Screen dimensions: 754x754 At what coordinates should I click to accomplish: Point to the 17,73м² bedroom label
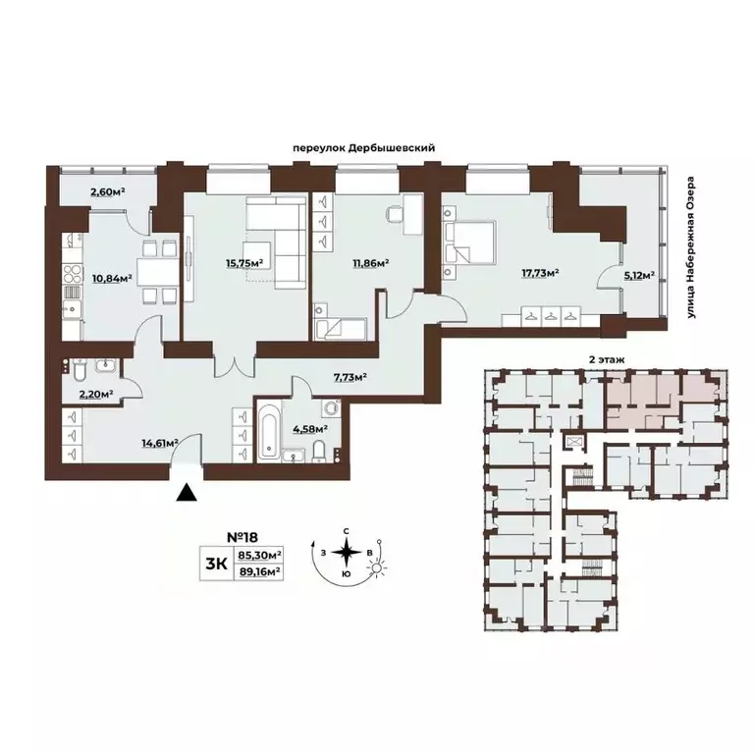click(x=539, y=273)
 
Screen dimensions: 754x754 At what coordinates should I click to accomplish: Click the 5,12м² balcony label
click(x=639, y=277)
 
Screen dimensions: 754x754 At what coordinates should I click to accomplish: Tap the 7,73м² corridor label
click(x=349, y=376)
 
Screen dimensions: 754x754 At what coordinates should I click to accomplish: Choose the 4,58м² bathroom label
click(x=309, y=427)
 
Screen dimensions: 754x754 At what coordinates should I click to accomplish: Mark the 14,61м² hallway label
click(x=158, y=443)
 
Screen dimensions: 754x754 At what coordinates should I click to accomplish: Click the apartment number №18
click(x=242, y=538)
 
